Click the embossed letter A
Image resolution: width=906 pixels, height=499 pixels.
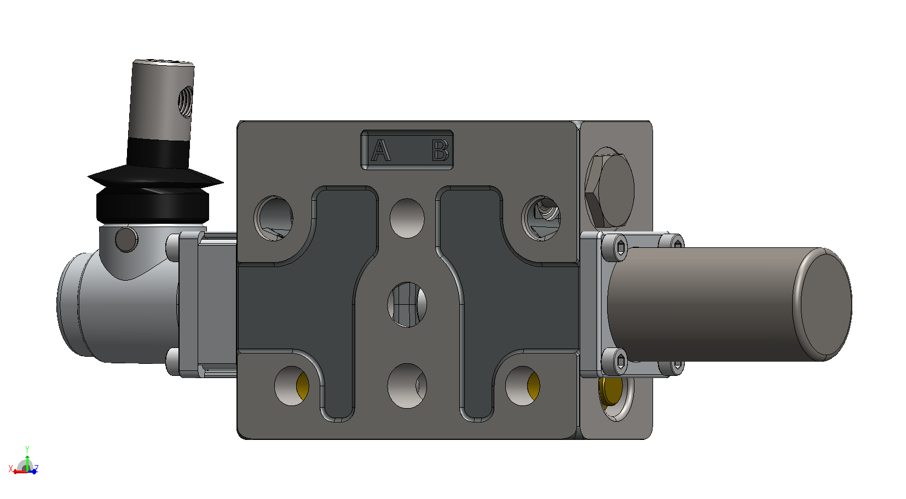click(x=380, y=150)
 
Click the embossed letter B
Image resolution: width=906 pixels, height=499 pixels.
click(x=440, y=150)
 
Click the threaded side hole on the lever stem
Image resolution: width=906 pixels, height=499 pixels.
click(x=185, y=102)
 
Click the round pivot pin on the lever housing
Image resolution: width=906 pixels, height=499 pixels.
click(x=126, y=240)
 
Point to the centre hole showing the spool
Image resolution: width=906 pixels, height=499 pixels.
click(x=407, y=305)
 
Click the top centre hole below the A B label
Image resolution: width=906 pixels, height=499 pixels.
click(x=407, y=218)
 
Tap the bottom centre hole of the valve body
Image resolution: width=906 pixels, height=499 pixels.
click(x=407, y=386)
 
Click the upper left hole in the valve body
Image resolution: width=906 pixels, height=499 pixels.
click(x=274, y=218)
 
